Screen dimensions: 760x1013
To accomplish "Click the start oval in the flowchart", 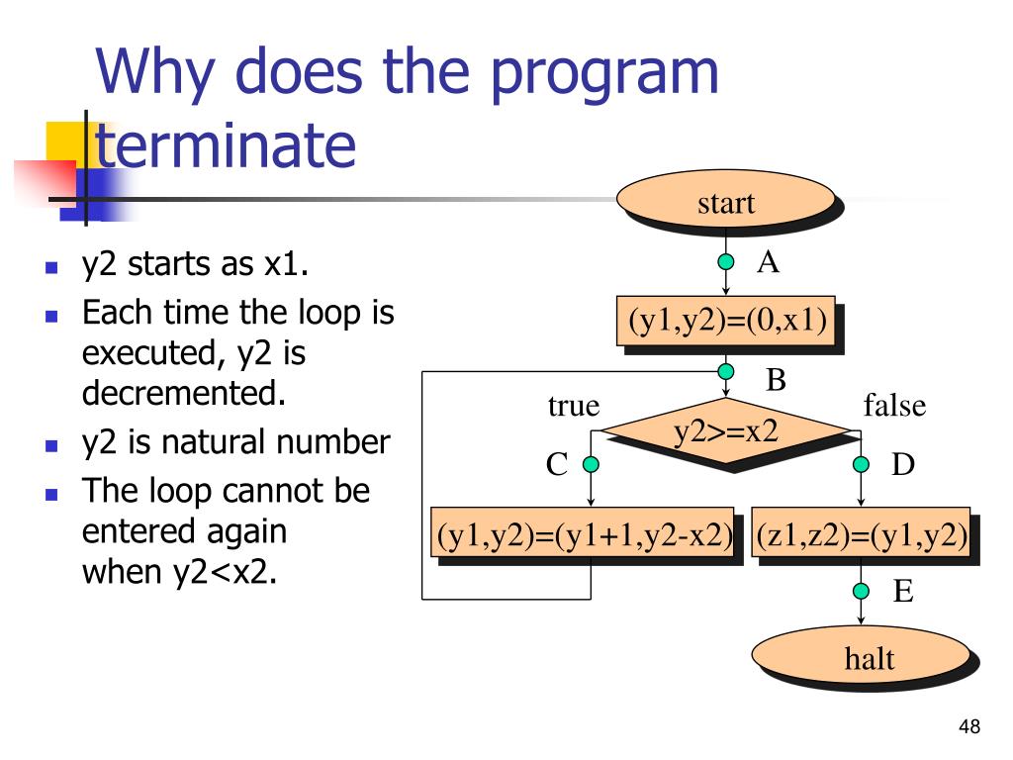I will coord(725,204).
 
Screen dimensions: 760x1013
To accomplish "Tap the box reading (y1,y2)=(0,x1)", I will coord(725,321).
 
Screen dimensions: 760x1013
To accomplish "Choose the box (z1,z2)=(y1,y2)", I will coord(861,535).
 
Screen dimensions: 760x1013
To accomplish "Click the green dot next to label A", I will coord(726,262).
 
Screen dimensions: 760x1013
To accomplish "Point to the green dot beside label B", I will coord(726,371).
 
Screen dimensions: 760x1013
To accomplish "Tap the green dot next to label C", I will coord(591,464).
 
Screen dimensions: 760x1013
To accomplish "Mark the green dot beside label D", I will coord(862,464).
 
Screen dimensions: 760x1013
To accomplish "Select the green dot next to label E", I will coord(862,591).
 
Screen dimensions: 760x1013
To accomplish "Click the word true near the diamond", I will coord(574,406).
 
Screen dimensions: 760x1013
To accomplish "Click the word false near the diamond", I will coord(894,406).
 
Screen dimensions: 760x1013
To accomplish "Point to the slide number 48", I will coord(968,728).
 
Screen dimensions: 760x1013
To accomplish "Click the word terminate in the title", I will coord(225,146).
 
